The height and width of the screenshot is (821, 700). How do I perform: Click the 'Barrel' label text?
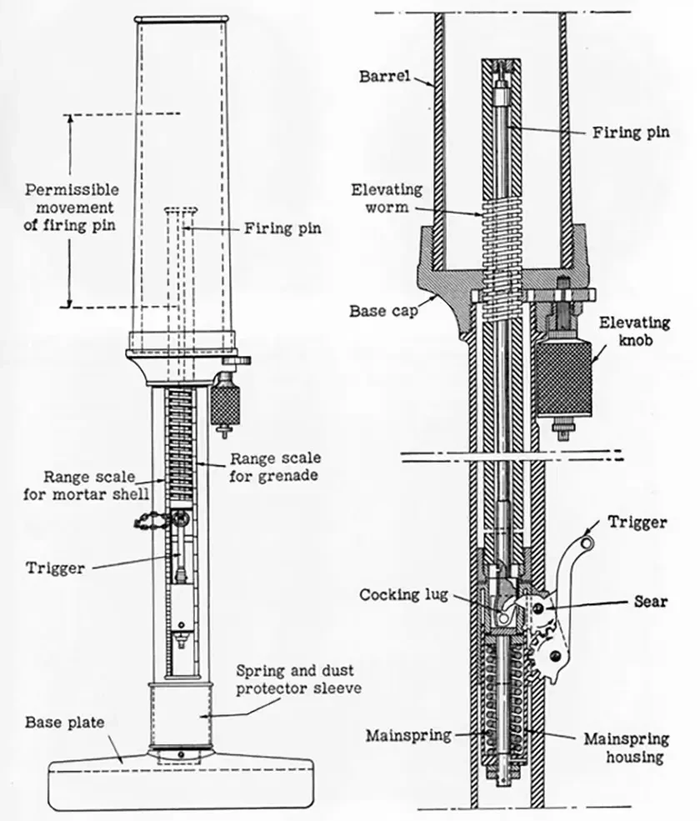pyautogui.click(x=385, y=77)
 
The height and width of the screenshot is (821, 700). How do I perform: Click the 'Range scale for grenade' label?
pyautogui.click(x=275, y=467)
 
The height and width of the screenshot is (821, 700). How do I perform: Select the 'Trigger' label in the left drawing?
pyautogui.click(x=55, y=568)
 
